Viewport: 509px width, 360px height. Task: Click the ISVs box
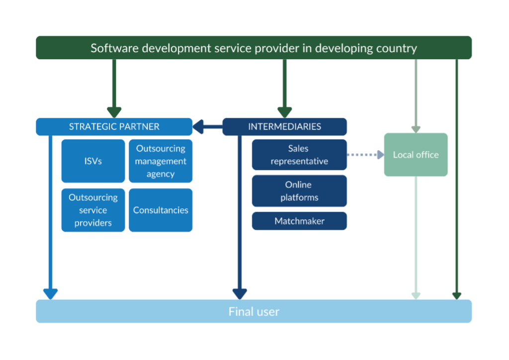point(93,161)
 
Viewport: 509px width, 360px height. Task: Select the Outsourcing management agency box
point(160,161)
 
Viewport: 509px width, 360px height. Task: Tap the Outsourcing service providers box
point(93,210)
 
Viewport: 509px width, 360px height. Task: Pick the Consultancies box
point(160,210)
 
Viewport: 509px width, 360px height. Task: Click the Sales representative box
point(299,155)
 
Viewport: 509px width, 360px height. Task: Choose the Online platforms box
point(299,191)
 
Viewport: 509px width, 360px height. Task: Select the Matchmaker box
point(299,221)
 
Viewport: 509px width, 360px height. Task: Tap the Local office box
point(416,155)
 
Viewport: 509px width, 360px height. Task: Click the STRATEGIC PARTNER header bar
point(114,126)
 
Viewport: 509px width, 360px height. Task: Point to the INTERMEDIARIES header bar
point(284,126)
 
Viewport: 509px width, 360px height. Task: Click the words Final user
point(254,312)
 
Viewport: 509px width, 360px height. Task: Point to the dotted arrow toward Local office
point(365,155)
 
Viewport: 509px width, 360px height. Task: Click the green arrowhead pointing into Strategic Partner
point(114,112)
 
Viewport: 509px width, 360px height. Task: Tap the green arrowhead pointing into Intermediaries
point(284,112)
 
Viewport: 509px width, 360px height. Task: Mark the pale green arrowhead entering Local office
point(416,129)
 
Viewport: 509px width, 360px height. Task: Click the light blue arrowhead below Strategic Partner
point(50,294)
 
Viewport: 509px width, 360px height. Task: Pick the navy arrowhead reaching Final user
point(240,294)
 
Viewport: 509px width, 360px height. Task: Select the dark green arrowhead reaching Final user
point(456,295)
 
